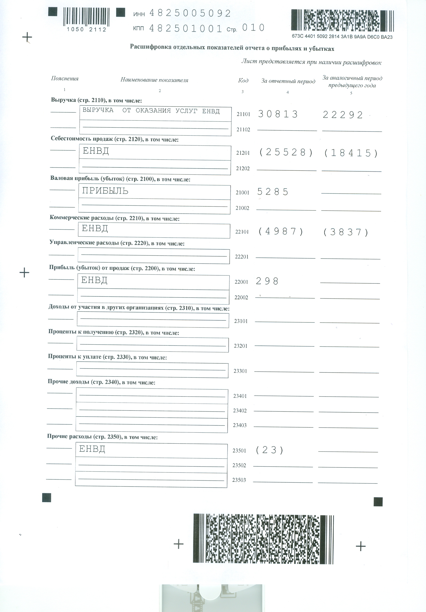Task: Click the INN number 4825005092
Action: point(190,13)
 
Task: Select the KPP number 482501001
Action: point(185,29)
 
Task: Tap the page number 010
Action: point(253,28)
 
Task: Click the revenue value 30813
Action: point(278,114)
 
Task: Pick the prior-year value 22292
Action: point(343,115)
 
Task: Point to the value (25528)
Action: point(286,153)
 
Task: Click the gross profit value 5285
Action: point(273,192)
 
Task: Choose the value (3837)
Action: point(346,232)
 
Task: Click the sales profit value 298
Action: point(267,281)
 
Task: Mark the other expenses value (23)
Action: point(269,450)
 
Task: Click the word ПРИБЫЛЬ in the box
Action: point(105,191)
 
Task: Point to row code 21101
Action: point(243,114)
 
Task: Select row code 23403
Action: point(240,425)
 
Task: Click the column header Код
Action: point(243,80)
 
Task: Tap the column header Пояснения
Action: point(65,79)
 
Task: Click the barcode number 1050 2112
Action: point(87,30)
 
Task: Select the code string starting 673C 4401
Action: point(342,37)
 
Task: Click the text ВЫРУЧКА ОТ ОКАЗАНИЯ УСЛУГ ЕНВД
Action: point(151,111)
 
